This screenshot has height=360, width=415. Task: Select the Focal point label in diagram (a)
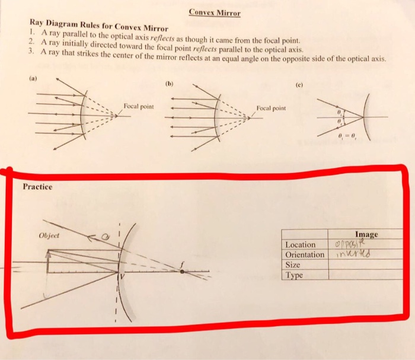click(139, 106)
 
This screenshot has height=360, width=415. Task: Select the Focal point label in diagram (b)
click(272, 109)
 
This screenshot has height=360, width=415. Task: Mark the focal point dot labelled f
click(182, 272)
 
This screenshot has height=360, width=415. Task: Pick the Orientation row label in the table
click(305, 255)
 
